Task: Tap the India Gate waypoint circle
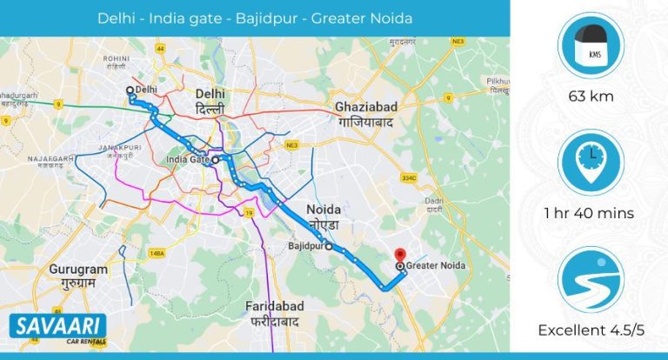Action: [x=215, y=160]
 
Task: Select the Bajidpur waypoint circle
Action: [x=329, y=247]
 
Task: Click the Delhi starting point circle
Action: [x=130, y=90]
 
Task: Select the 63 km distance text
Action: [x=590, y=97]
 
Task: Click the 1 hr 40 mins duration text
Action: [x=590, y=213]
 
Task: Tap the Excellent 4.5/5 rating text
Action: [x=590, y=330]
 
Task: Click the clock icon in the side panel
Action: [x=590, y=162]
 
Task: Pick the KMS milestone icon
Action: [x=590, y=46]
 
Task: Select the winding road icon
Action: [x=590, y=281]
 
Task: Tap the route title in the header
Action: [x=255, y=18]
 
